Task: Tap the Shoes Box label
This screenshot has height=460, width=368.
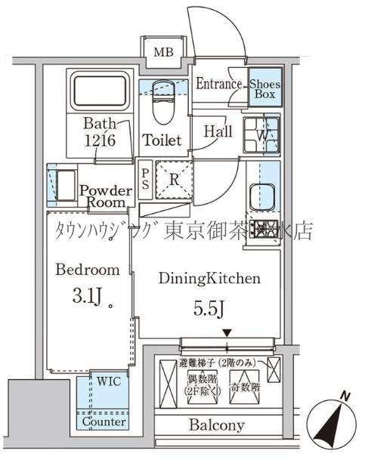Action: coord(265,90)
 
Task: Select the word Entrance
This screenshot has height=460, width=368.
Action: coord(219,85)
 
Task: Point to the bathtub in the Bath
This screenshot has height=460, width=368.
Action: coord(100,91)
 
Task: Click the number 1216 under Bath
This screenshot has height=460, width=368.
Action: coord(101,140)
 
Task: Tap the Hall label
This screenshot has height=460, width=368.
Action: coord(218,131)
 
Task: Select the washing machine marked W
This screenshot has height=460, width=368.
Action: coord(261,134)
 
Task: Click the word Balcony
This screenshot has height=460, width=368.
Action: coord(216,425)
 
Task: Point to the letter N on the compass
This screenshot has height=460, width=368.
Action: coord(344,397)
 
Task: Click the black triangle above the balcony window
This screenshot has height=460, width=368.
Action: coord(225,333)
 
